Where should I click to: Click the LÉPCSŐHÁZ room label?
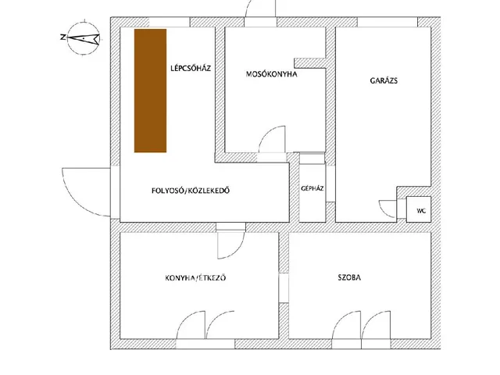pos(191,68)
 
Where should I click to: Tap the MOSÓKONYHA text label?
pos(272,74)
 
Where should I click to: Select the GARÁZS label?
pos(384,80)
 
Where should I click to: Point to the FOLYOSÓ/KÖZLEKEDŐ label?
pos(191,191)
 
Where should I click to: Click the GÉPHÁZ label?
pos(312,188)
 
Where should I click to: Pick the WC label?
pos(421,211)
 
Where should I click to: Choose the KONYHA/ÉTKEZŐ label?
pos(195,278)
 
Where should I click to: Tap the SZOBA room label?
pos(349,277)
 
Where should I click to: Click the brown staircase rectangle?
pos(150,91)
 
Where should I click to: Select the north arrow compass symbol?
pos(84,38)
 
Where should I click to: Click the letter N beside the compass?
pos(62,37)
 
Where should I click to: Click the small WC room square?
pos(419,209)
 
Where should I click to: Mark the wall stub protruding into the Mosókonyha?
pos(309,62)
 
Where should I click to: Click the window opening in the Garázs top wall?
pos(387,23)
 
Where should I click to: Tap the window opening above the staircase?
pos(170,23)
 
